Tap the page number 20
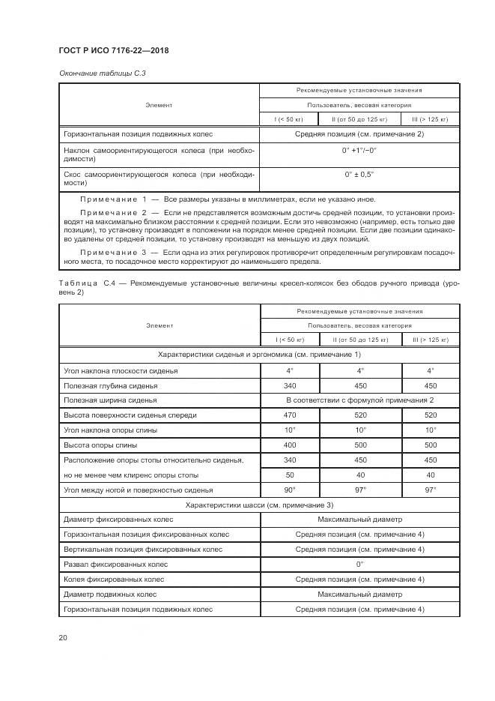(63, 637)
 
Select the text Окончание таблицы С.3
(96, 72)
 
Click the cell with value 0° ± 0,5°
(359, 174)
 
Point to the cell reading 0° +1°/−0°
(359, 150)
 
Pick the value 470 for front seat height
(290, 415)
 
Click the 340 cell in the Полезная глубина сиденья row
(290, 385)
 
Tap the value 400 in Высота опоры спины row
(290, 445)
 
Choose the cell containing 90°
(290, 489)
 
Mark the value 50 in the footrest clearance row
(290, 475)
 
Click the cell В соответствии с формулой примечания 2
(359, 400)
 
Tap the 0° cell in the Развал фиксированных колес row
(359, 564)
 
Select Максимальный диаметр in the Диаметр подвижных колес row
(359, 594)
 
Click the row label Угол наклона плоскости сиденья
(121, 370)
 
